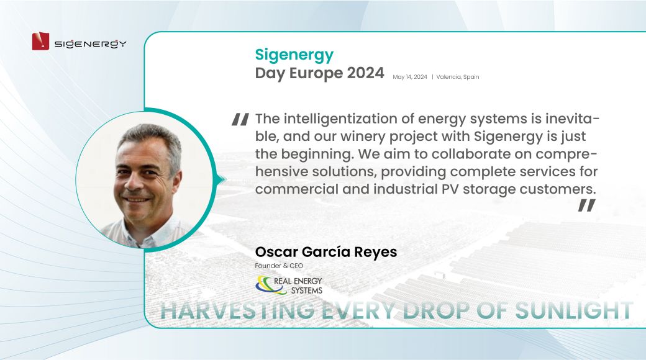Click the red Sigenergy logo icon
[40, 41]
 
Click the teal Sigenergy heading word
[294, 55]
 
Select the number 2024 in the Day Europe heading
[365, 73]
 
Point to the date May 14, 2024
[410, 77]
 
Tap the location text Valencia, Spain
[458, 77]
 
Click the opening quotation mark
[240, 119]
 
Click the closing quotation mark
[586, 205]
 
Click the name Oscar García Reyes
[326, 251]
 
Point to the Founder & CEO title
[279, 266]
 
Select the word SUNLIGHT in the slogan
[574, 310]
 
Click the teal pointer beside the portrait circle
[222, 179]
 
